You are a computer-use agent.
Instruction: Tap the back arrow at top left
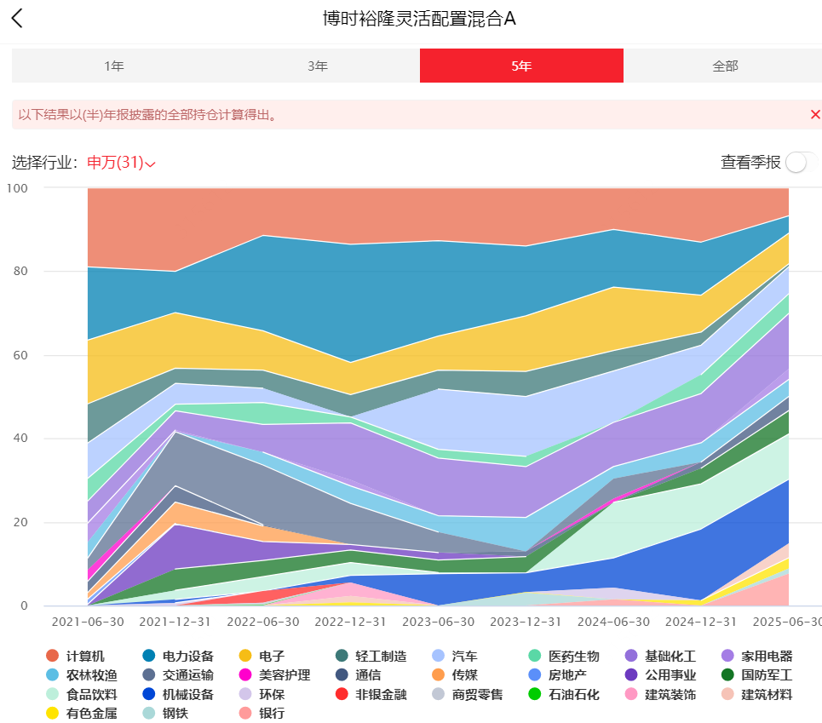point(17,19)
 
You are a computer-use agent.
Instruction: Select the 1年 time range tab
point(114,66)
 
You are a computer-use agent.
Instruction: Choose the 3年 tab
point(318,66)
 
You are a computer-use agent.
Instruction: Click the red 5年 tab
point(521,66)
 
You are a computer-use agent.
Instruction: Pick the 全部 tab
point(725,66)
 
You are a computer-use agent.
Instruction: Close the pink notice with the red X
point(815,114)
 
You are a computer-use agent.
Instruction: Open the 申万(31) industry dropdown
point(121,163)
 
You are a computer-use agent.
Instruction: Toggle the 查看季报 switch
point(801,163)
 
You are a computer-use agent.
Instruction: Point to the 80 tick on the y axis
point(20,271)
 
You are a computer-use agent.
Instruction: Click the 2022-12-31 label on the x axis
point(350,622)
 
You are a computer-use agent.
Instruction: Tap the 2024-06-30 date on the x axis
point(613,622)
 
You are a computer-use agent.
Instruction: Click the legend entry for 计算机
point(76,656)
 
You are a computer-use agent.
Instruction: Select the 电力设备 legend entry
point(178,656)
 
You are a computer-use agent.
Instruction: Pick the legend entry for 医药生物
point(564,656)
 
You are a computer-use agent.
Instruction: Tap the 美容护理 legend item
point(274,674)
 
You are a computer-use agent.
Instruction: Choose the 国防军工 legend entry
point(757,674)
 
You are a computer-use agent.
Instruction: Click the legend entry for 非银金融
point(371,694)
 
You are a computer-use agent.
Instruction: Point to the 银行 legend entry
point(262,713)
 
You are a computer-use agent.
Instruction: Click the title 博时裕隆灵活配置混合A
point(419,19)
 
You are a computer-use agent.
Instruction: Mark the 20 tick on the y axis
point(20,522)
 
